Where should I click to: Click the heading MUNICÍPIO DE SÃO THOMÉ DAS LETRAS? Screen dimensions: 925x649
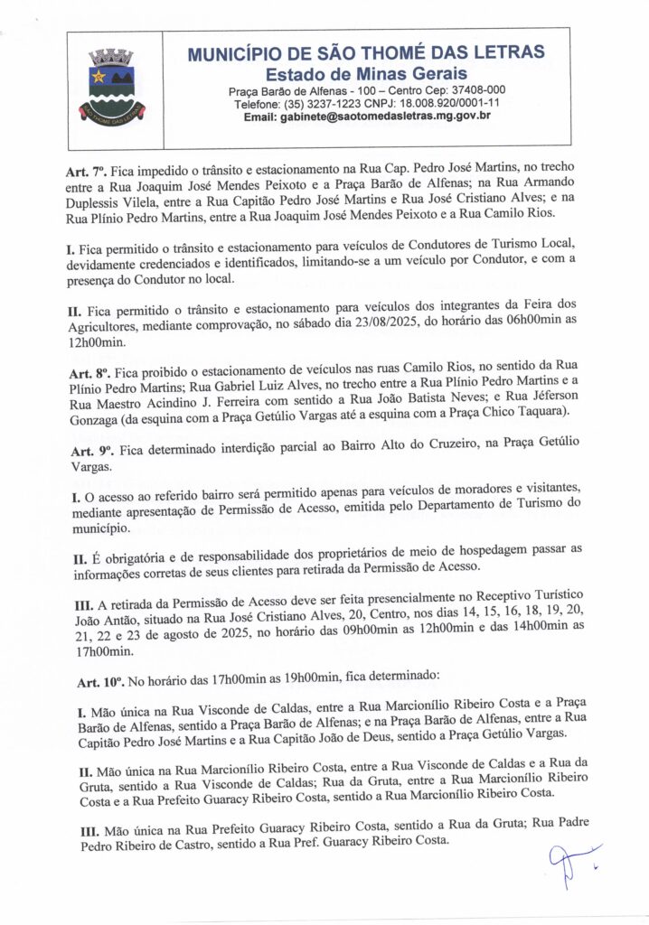pyautogui.click(x=365, y=53)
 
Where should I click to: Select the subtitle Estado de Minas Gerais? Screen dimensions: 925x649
pyautogui.click(x=365, y=72)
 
